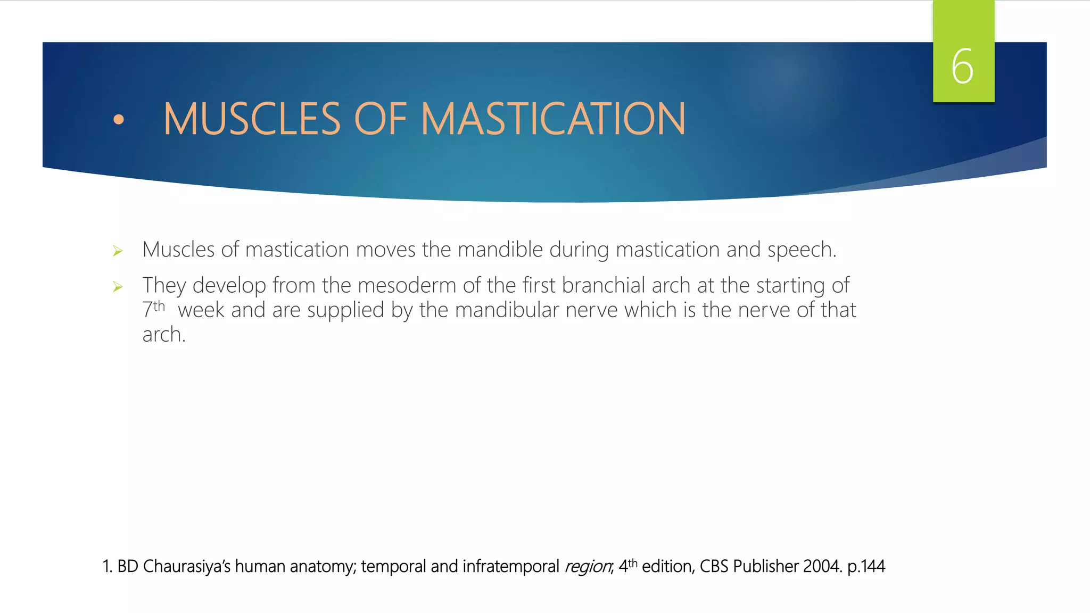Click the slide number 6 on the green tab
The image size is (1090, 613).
[x=962, y=67]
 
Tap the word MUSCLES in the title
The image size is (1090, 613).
[x=252, y=119]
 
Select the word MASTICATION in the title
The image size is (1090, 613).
[x=554, y=119]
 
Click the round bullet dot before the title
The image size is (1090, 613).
[x=119, y=120]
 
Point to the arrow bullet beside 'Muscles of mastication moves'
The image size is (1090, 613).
[x=118, y=251]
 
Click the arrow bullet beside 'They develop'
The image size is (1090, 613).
[x=118, y=287]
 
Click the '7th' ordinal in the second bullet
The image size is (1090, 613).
[x=153, y=310]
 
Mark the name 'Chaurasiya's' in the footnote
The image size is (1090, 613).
[x=186, y=566]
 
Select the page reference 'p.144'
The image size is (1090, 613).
[x=866, y=567]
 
